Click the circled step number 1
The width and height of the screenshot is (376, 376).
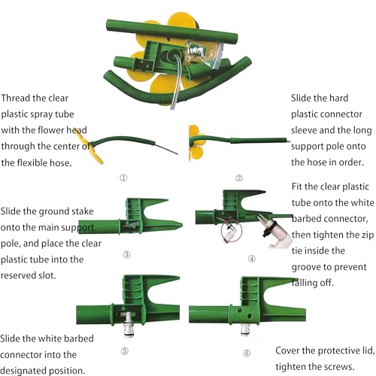click(x=123, y=177)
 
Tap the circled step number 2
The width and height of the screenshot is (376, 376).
click(x=239, y=178)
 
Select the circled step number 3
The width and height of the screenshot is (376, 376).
click(x=127, y=255)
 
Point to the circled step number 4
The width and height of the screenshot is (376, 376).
click(x=252, y=259)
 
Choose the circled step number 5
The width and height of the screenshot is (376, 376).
click(x=125, y=351)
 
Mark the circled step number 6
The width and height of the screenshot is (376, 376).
click(x=247, y=353)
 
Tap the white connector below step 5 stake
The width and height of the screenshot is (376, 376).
click(x=129, y=325)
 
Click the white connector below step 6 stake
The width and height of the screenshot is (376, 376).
click(x=245, y=329)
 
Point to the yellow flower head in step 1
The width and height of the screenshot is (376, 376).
click(x=89, y=147)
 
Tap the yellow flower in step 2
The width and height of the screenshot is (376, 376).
click(x=196, y=143)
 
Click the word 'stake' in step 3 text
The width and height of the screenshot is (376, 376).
click(x=83, y=211)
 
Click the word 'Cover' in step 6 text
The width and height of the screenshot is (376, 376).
click(x=287, y=350)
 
